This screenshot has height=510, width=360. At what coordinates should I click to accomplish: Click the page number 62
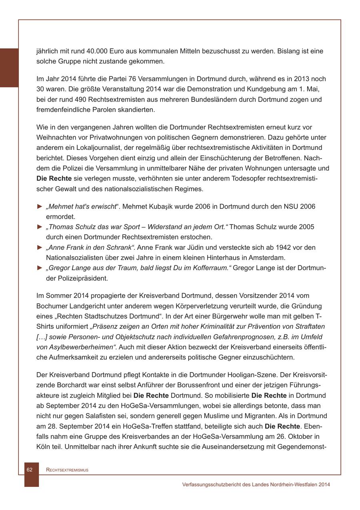click(x=30, y=470)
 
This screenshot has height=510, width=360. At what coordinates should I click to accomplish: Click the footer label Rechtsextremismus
click(x=67, y=470)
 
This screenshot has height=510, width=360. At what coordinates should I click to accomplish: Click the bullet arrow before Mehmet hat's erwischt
click(x=39, y=206)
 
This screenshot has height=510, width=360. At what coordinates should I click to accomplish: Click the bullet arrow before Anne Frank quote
click(x=39, y=247)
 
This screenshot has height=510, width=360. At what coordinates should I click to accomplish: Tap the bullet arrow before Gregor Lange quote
click(x=39, y=268)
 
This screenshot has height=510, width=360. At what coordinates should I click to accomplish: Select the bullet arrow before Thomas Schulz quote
click(x=39, y=227)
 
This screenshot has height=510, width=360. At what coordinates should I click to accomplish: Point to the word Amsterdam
click(x=268, y=257)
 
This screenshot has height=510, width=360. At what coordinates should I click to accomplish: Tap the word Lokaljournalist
click(x=95, y=148)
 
